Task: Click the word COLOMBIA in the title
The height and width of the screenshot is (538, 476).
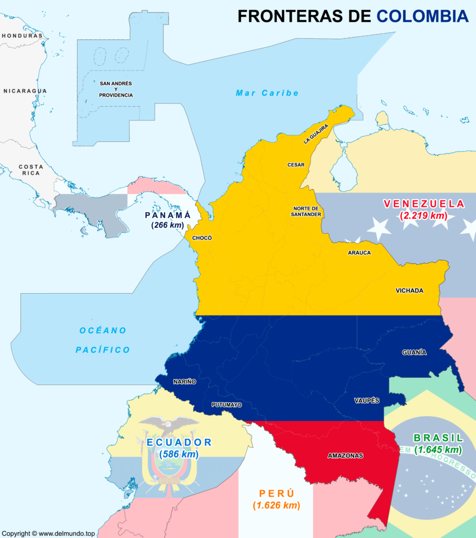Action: coord(422,16)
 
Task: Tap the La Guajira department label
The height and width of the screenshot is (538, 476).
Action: coord(316,134)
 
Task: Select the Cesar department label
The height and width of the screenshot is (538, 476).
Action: coord(296,164)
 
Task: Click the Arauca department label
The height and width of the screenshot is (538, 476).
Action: coord(359,253)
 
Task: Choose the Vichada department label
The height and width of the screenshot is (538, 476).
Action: coord(409,291)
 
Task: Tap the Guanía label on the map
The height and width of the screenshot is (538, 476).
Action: coord(414,352)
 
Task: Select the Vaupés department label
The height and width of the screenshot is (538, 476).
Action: coord(367,400)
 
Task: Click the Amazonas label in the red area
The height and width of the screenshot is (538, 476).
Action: coord(345,456)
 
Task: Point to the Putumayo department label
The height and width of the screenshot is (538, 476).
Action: coord(226,405)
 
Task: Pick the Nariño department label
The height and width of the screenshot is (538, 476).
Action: coord(184,381)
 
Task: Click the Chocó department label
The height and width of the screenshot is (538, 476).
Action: coord(202,237)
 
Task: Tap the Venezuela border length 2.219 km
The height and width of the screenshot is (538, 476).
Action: coord(423,215)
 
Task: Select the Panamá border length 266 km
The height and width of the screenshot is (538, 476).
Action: coord(168,225)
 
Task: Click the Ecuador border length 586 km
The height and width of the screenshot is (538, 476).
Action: coord(179,454)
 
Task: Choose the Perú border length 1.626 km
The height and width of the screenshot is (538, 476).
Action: coord(276,505)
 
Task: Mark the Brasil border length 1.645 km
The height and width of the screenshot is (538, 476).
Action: coord(438,450)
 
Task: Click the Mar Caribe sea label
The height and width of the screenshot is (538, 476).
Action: coord(267,93)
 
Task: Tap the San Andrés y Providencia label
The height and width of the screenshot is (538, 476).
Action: coord(116,89)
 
